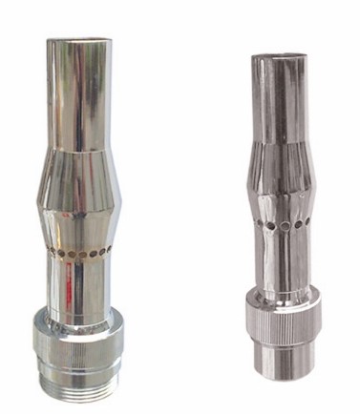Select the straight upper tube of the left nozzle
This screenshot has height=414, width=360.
click(x=78, y=95)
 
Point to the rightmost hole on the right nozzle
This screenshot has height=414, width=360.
click(x=302, y=225)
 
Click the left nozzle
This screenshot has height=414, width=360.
click(x=80, y=210)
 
